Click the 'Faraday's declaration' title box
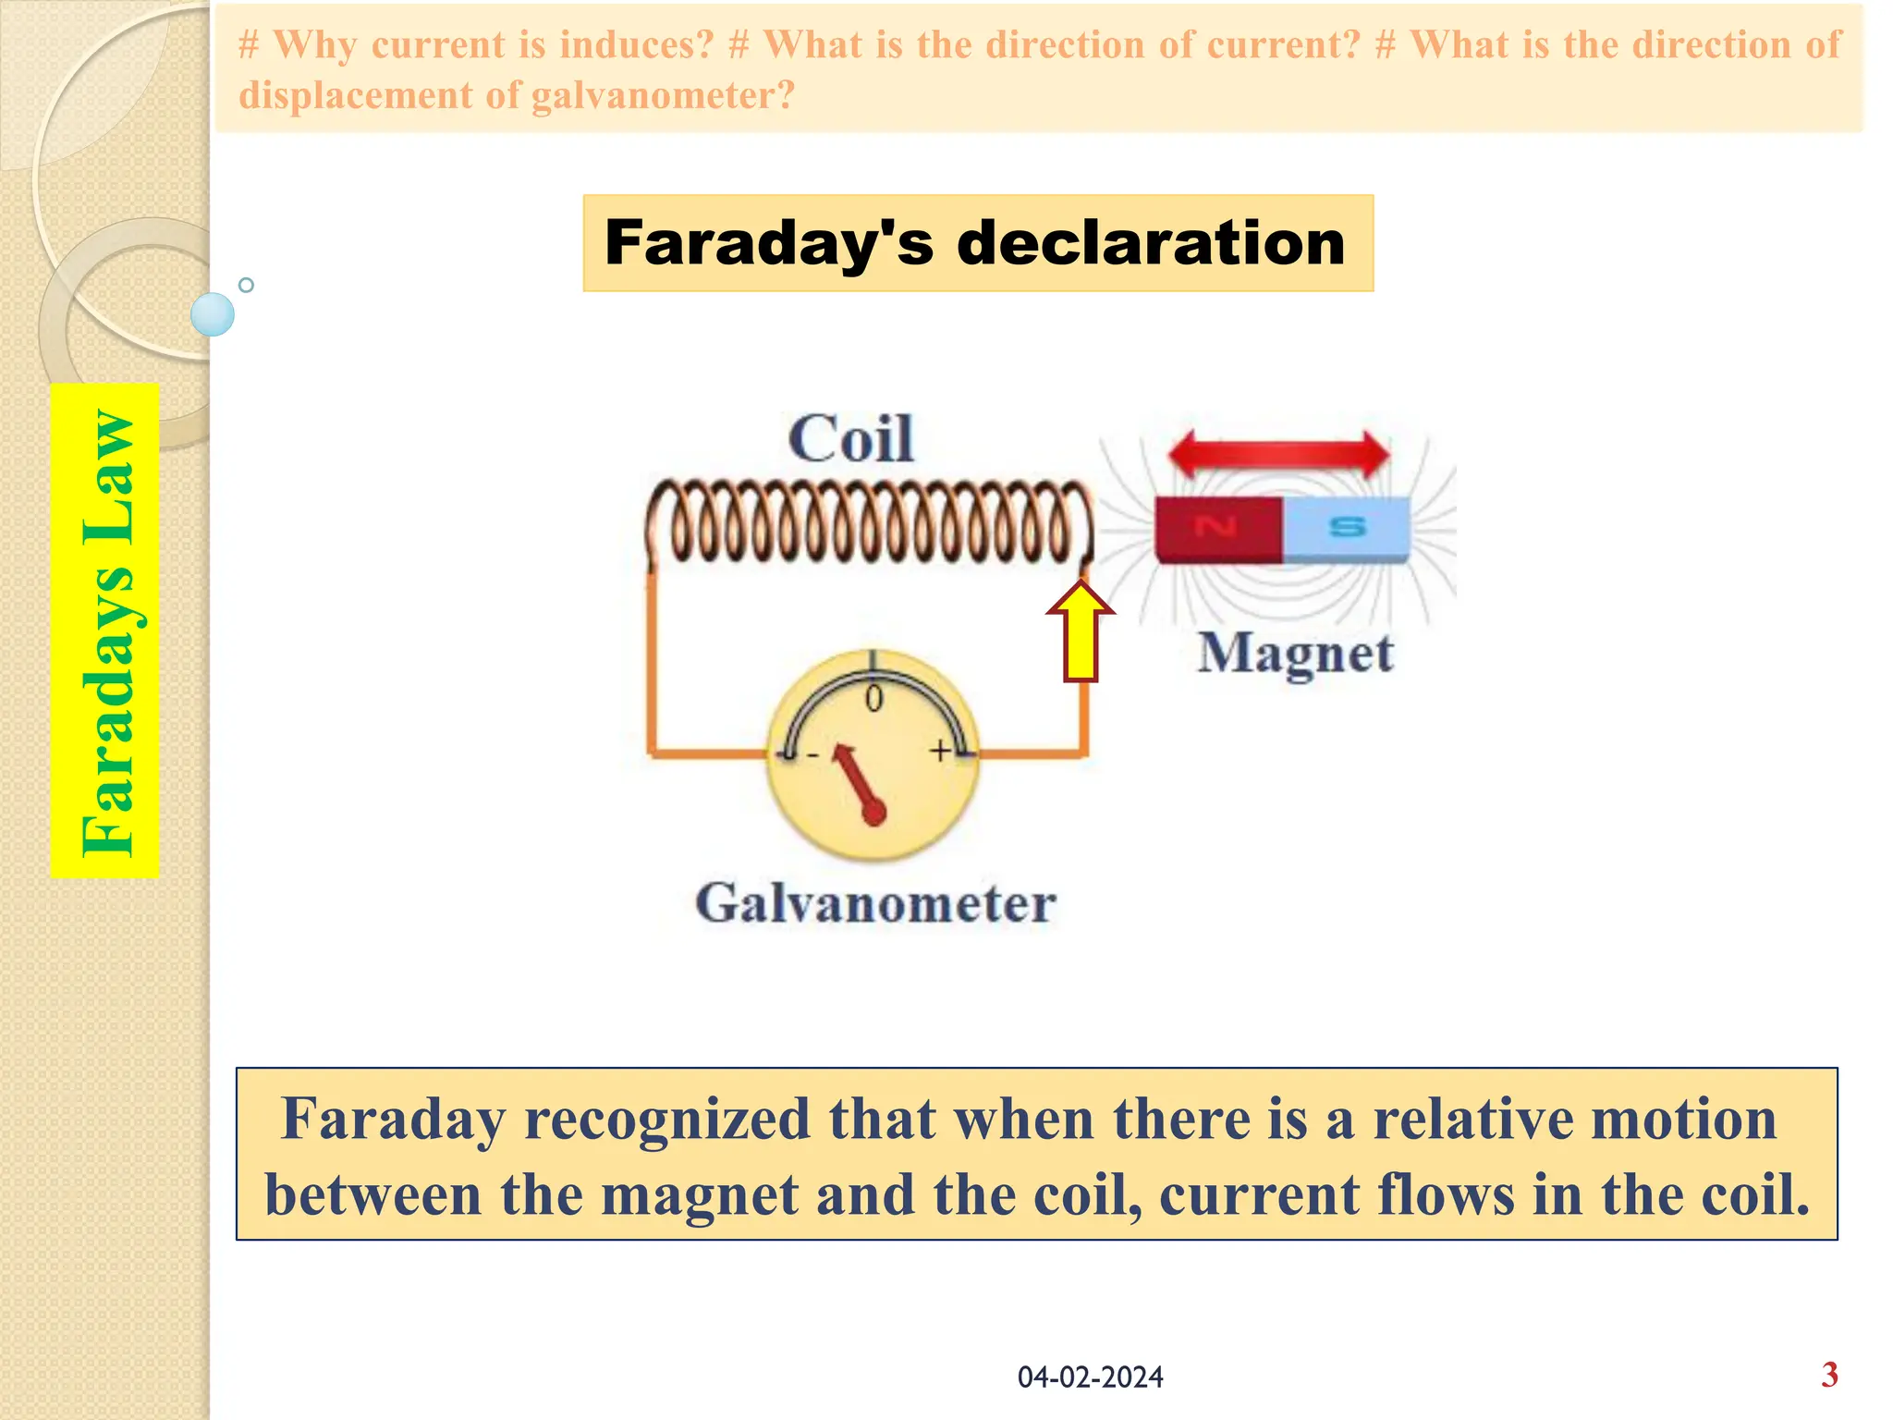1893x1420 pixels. tap(977, 243)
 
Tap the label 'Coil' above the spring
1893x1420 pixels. tap(850, 439)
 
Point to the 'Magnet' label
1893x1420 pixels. tap(1295, 654)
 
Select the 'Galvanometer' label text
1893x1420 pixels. tap(875, 903)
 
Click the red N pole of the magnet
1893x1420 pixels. tap(1217, 529)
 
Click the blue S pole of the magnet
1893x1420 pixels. tap(1347, 529)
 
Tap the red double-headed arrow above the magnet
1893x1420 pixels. tap(1278, 454)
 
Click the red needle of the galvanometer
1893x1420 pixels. tap(859, 782)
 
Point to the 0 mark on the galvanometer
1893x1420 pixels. tap(873, 699)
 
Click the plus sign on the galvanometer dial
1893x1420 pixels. tap(940, 751)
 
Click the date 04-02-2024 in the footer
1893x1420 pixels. tap(1090, 1377)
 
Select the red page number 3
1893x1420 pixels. tap(1829, 1375)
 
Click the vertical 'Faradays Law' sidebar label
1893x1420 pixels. tap(105, 630)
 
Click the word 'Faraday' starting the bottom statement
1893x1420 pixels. tap(393, 1119)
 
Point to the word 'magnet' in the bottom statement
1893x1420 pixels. tap(699, 1194)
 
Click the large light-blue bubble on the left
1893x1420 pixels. tap(213, 314)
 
